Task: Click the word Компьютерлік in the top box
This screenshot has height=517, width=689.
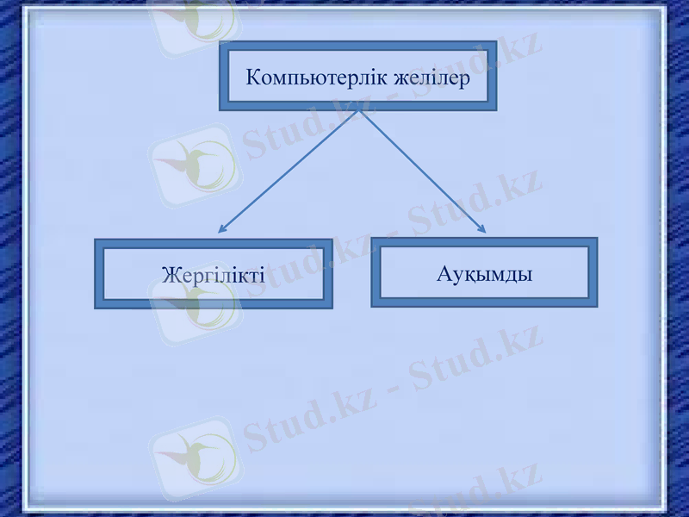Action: (x=315, y=78)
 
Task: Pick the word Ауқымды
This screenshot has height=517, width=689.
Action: (x=483, y=274)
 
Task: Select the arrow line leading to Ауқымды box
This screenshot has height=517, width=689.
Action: (x=422, y=172)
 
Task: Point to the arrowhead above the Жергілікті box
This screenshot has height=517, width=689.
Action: (x=221, y=229)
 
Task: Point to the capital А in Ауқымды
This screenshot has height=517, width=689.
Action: (x=444, y=274)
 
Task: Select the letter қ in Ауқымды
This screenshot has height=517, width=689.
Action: (x=469, y=276)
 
